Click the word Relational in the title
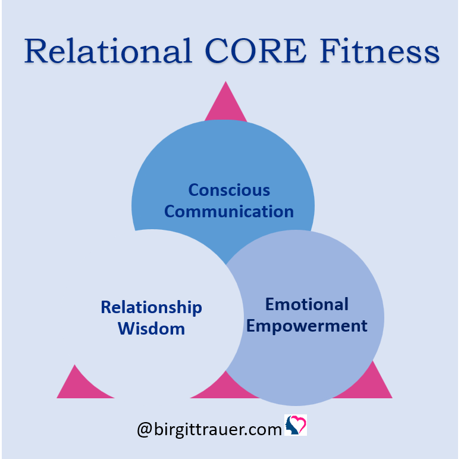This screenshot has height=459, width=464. pyautogui.click(x=108, y=51)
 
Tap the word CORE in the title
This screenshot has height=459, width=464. pyautogui.click(x=256, y=51)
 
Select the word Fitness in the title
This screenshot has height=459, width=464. pyautogui.click(x=380, y=51)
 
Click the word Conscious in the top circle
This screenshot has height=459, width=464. pyautogui.click(x=229, y=190)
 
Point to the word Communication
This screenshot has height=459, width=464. pyautogui.click(x=229, y=211)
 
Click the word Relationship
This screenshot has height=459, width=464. pyautogui.click(x=151, y=308)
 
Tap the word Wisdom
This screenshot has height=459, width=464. pyautogui.click(x=151, y=329)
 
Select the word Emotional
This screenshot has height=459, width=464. pyautogui.click(x=306, y=304)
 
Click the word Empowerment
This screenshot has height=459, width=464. pyautogui.click(x=306, y=326)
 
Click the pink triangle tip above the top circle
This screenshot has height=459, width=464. pyautogui.click(x=225, y=82)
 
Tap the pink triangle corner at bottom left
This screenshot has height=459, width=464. pyautogui.click(x=58, y=398)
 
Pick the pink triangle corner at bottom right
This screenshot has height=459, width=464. pyautogui.click(x=392, y=398)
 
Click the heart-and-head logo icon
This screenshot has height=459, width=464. pyautogui.click(x=295, y=425)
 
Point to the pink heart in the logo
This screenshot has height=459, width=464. pyautogui.click(x=298, y=423)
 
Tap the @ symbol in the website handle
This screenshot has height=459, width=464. pyautogui.click(x=145, y=430)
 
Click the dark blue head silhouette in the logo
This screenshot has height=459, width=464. pyautogui.click(x=291, y=427)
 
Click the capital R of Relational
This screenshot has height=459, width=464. pyautogui.click(x=35, y=51)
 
